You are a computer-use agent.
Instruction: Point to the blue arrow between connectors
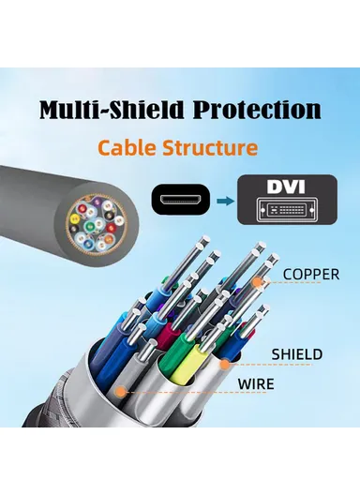pos(222,200)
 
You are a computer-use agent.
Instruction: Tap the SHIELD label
pos(297,354)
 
